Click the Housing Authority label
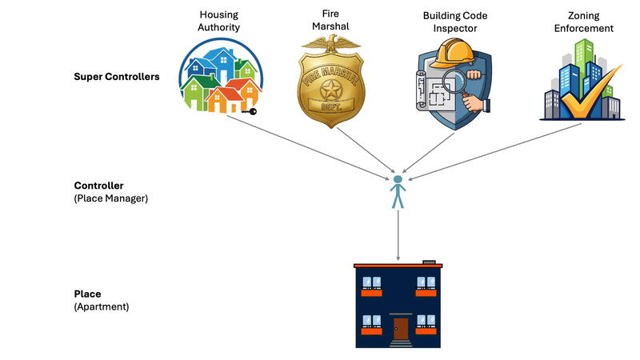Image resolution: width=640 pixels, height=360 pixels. tap(219, 21)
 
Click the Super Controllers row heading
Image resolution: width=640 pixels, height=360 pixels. tap(116, 77)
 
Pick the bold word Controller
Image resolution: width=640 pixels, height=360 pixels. tap(98, 186)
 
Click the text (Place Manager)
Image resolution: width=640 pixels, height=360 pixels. tap(110, 198)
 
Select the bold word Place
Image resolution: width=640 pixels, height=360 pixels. tap(87, 294)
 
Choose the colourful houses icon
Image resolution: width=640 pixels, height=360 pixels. tap(218, 78)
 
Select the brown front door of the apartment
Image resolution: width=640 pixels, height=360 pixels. tap(400, 329)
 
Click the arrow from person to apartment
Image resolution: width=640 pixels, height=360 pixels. tap(398, 236)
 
